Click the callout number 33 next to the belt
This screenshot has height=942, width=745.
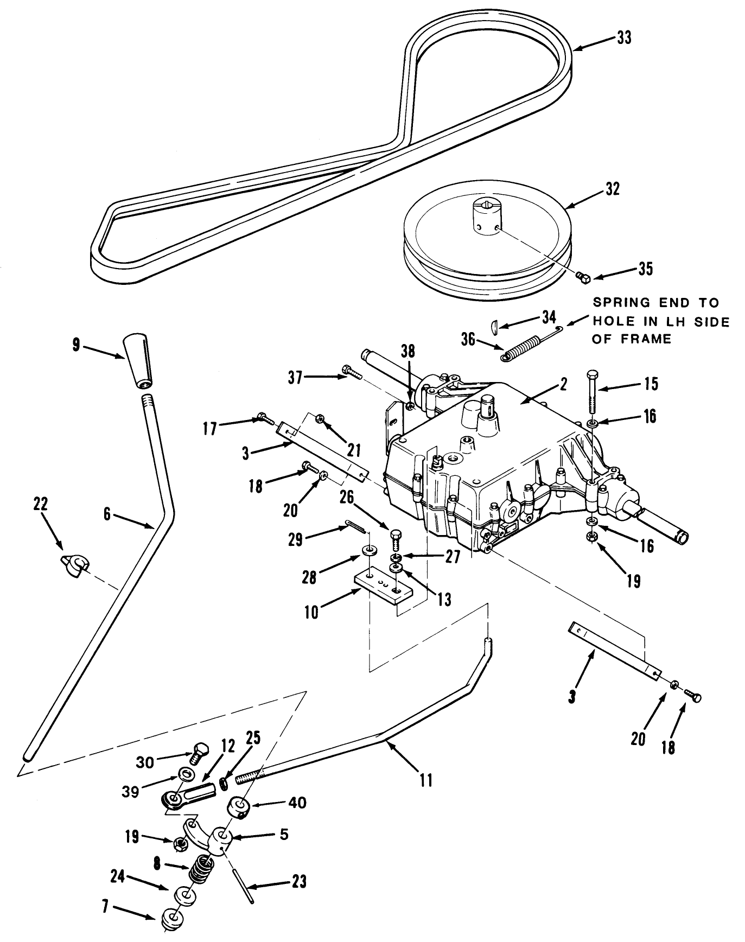pyautogui.click(x=624, y=39)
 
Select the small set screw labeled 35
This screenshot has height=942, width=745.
pyautogui.click(x=583, y=278)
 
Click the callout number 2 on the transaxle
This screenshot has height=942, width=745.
pyautogui.click(x=564, y=384)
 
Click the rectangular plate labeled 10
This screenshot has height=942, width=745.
pyautogui.click(x=383, y=590)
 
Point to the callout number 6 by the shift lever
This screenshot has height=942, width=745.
pyautogui.click(x=107, y=513)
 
